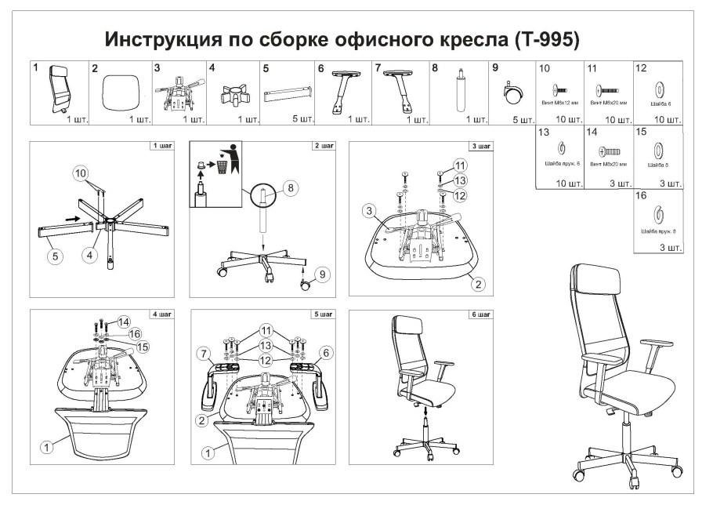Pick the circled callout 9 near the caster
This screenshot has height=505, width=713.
click(320, 274)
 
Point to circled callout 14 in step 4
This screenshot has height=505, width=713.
click(123, 321)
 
